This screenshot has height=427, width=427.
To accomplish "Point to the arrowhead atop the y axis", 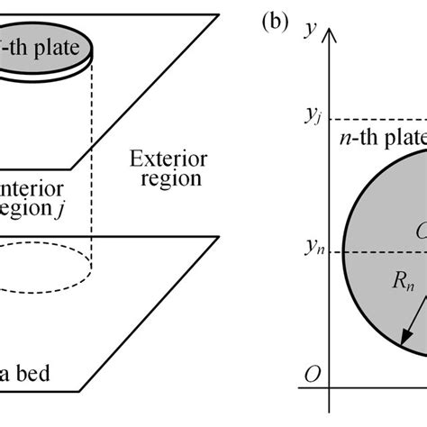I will point(333,36).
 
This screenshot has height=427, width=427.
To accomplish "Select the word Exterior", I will point(168,159).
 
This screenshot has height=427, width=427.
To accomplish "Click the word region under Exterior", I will point(168,178).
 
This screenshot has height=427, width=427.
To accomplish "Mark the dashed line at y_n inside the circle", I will point(378,252).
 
